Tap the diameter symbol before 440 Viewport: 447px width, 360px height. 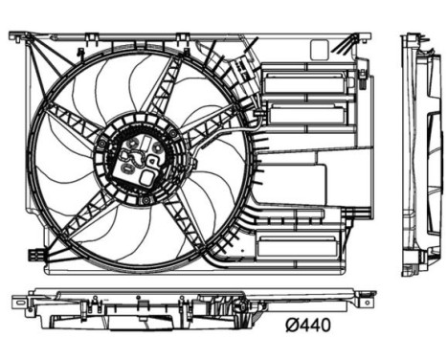click(x=291, y=326)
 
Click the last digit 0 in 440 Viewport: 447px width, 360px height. click(x=324, y=326)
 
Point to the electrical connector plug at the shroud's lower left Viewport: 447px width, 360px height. click(x=35, y=256)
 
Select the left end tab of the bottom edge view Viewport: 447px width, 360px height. click(x=18, y=303)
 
